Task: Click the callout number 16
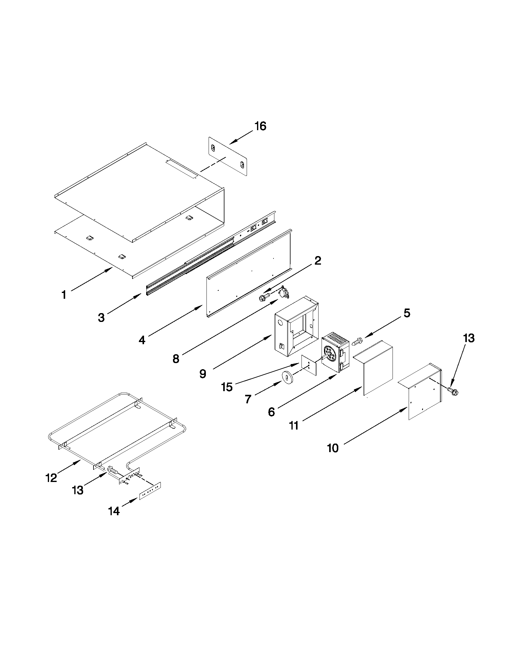[260, 126]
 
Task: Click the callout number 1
[64, 295]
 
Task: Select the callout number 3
[101, 318]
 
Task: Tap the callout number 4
[142, 340]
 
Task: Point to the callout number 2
[318, 261]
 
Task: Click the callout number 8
[175, 359]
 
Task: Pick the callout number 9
[203, 373]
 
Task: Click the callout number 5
[407, 313]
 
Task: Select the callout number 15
[227, 387]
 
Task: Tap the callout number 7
[248, 399]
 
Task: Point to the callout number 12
[51, 478]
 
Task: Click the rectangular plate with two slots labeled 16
[228, 157]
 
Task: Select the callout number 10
[333, 448]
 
